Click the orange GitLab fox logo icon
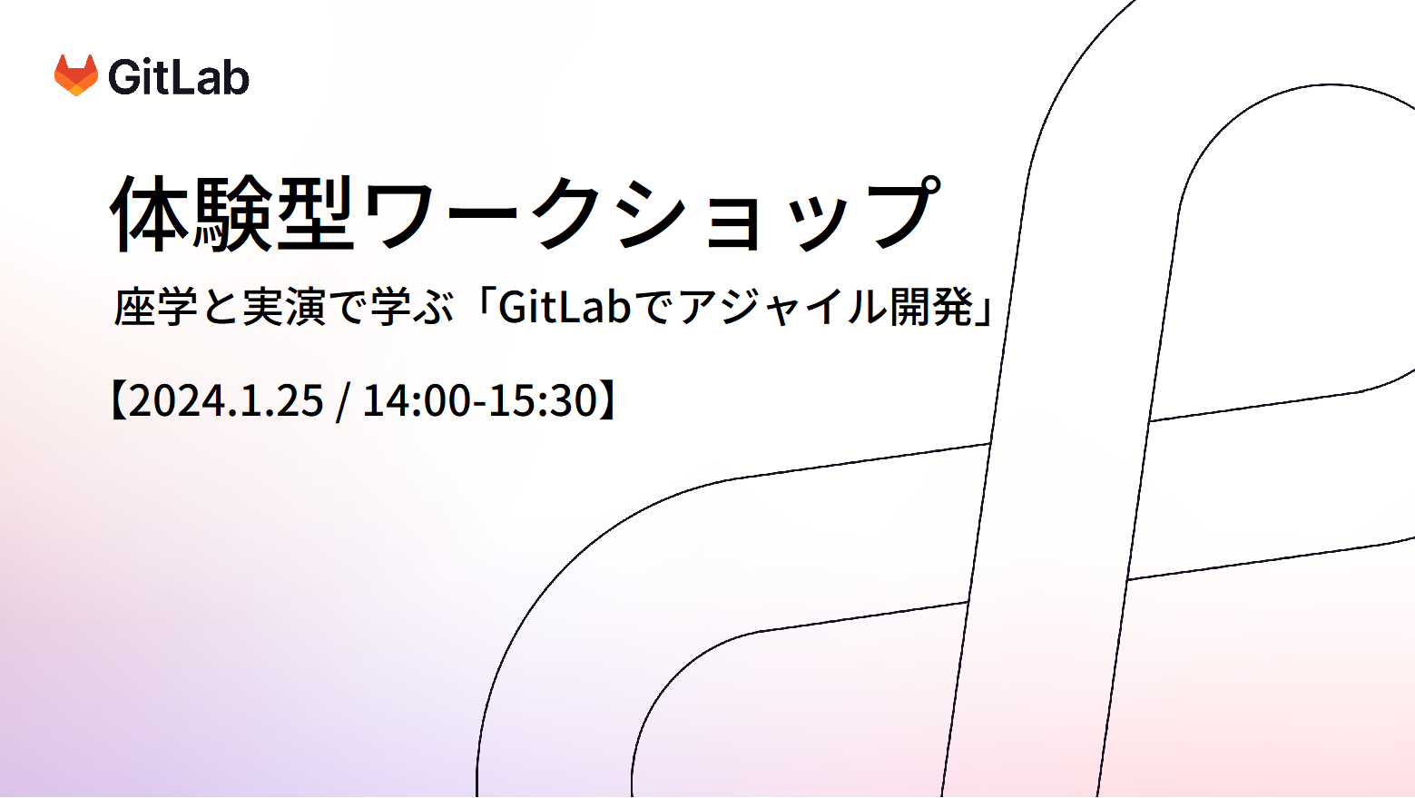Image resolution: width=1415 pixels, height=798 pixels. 76,75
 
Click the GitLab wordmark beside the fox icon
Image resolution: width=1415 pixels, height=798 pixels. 179,77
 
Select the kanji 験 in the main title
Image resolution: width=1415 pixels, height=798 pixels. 233,213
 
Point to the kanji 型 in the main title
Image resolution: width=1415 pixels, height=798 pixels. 316,213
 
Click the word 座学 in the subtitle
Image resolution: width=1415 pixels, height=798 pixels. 156,307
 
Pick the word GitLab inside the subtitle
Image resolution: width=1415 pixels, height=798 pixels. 565,307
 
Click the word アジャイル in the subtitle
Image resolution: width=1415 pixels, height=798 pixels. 781,307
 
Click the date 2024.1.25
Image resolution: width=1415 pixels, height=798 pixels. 227,400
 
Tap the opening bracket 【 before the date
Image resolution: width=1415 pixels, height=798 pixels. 117,400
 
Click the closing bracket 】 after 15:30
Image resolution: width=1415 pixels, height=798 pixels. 609,400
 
